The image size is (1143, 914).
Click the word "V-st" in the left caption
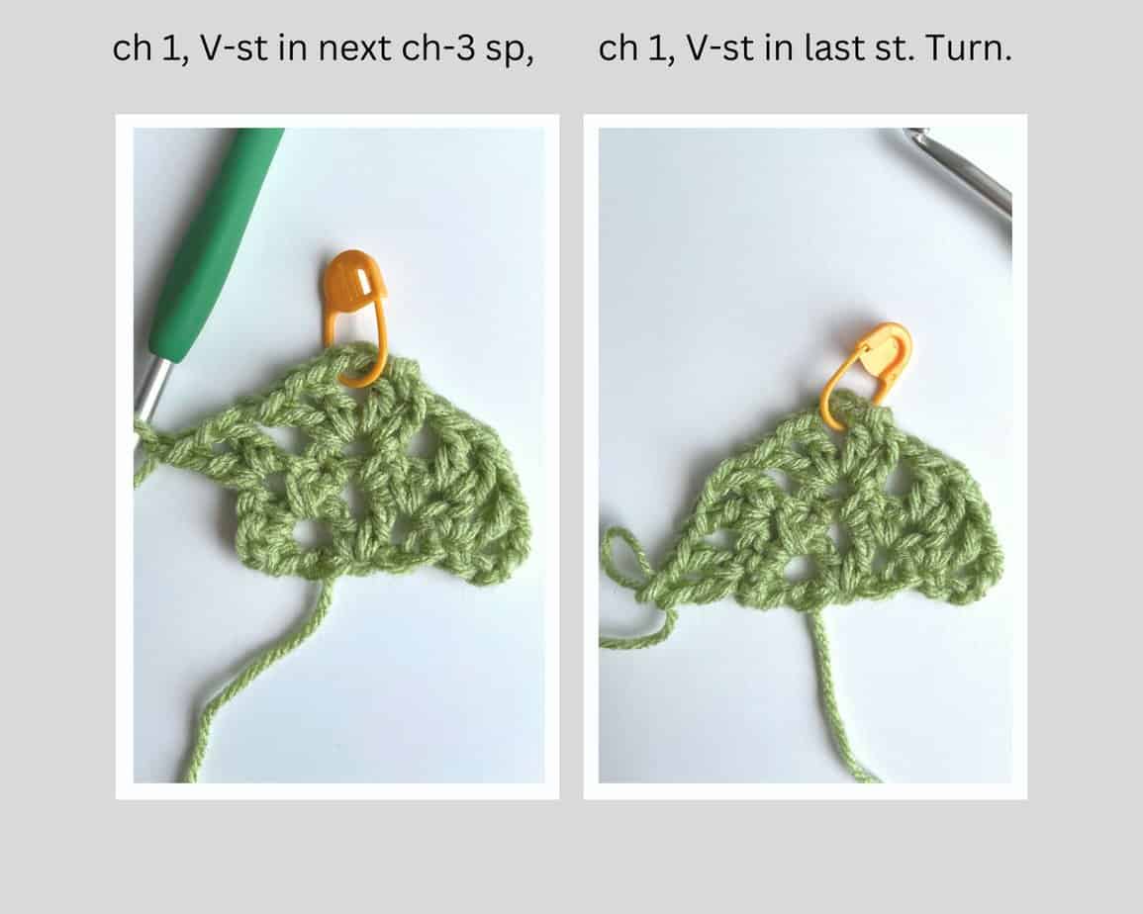223,49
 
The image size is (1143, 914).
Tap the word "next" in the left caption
340,49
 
